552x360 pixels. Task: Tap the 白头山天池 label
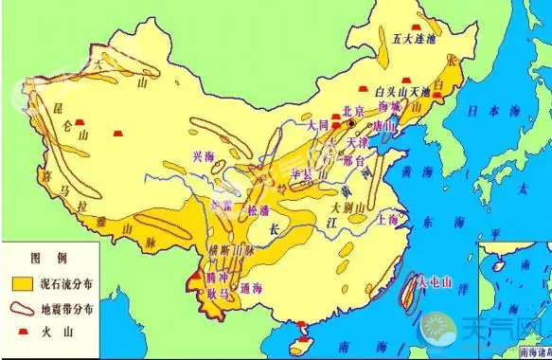coord(403,92)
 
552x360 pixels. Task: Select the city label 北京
coord(354,109)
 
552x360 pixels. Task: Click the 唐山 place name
coord(384,125)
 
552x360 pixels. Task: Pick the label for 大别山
coord(348,205)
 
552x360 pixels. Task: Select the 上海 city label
coord(386,218)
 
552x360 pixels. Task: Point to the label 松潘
coord(258,210)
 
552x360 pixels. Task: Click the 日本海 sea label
coord(485,111)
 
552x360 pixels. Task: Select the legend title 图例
coord(45,258)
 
